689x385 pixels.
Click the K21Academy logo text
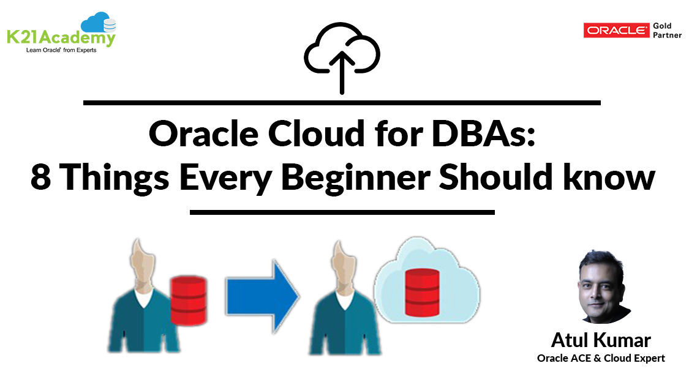(61, 37)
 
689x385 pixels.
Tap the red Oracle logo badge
(616, 30)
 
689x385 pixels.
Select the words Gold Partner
(667, 30)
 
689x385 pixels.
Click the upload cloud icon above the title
(342, 57)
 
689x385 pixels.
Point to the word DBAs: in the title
(483, 134)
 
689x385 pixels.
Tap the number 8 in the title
(41, 178)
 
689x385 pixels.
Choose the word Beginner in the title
(355, 178)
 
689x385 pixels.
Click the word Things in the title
(114, 178)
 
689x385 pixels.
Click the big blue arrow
(262, 296)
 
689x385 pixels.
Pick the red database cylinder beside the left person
(188, 301)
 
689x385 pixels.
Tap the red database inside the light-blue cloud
(422, 293)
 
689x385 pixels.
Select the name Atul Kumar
(601, 340)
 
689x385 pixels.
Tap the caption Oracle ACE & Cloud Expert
(601, 358)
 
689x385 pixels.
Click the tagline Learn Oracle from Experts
(61, 50)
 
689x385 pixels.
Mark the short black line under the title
(342, 212)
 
